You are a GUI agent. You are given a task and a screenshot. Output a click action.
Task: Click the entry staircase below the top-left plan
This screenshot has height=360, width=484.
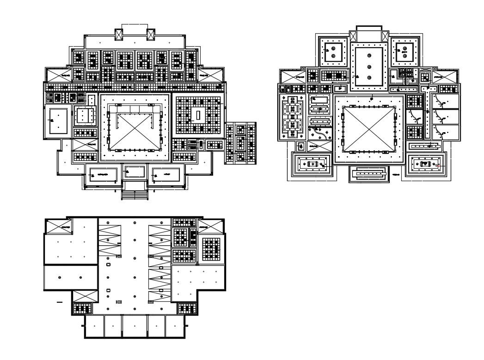(135, 194)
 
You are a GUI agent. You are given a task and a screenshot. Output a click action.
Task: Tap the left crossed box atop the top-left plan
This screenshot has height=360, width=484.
(119, 34)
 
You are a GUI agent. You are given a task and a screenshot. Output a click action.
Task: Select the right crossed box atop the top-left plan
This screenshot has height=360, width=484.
(151, 34)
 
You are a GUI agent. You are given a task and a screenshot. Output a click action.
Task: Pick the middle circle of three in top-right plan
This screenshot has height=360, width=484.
(369, 66)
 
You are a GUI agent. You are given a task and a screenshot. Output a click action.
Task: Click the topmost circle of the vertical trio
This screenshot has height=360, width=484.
(369, 55)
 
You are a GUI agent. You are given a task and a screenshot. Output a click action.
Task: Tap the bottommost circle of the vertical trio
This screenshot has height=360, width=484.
(369, 77)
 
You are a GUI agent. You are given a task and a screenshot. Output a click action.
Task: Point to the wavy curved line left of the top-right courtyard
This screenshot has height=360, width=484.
(319, 134)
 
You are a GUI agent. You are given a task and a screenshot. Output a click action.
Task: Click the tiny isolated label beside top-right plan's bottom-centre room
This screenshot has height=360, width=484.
(395, 175)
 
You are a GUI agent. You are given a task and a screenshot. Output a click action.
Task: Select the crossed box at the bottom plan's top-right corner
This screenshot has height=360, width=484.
(206, 226)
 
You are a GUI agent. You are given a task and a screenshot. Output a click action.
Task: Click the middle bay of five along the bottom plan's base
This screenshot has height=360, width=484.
(135, 326)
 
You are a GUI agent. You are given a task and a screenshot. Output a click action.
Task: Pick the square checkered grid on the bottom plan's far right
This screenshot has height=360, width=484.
(211, 249)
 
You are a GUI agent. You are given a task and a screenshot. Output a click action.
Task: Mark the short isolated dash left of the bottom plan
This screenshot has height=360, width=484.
(59, 302)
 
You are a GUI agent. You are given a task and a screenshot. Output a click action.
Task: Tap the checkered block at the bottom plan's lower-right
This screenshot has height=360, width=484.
(186, 308)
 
